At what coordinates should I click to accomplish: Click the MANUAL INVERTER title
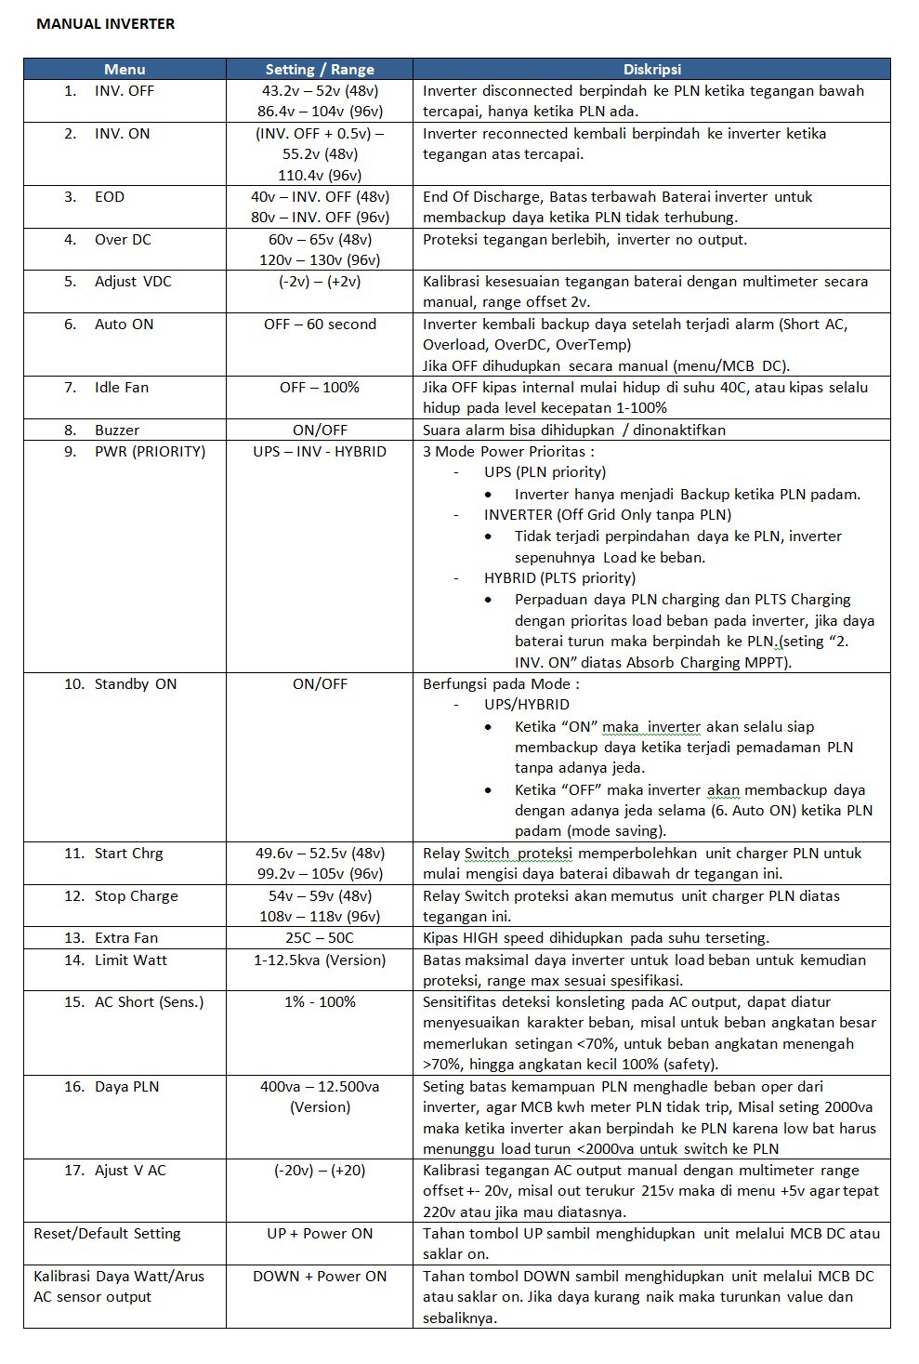[x=105, y=24]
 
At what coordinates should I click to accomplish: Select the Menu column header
[x=125, y=70]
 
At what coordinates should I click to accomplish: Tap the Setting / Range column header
[x=320, y=70]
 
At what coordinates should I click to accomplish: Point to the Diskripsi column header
[x=651, y=70]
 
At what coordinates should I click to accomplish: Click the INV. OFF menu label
[x=124, y=91]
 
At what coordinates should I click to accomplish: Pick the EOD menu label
[x=109, y=197]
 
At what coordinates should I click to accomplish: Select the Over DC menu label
[x=122, y=240]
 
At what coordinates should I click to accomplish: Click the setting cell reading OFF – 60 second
[x=320, y=324]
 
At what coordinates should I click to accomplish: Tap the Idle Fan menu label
[x=121, y=388]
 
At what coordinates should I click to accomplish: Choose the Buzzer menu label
[x=116, y=430]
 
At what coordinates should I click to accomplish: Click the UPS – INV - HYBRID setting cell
[x=320, y=452]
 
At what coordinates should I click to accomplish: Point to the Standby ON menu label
[x=135, y=684]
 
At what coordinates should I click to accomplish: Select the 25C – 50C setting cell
[x=320, y=938]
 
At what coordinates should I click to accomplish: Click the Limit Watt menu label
[x=130, y=960]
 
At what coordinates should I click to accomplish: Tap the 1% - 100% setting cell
[x=320, y=1002]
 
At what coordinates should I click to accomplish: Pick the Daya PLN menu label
[x=126, y=1087]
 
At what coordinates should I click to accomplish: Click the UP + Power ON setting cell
[x=320, y=1234]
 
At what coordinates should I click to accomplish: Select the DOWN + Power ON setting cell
[x=320, y=1277]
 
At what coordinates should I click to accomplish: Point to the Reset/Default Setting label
[x=107, y=1234]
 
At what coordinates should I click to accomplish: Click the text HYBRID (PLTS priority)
[x=559, y=578]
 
